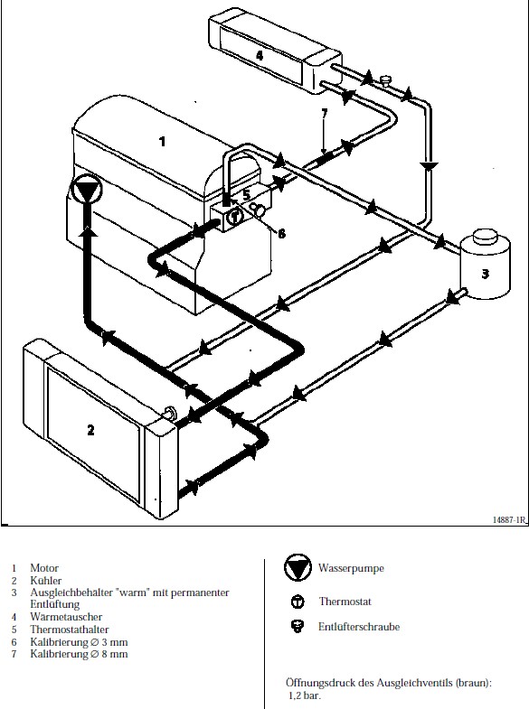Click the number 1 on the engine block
click(x=162, y=142)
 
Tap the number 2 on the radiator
click(x=91, y=430)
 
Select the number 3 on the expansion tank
click(x=485, y=274)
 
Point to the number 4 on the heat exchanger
click(x=260, y=55)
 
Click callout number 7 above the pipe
click(x=324, y=113)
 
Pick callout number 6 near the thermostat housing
click(x=281, y=233)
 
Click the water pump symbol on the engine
click(x=87, y=189)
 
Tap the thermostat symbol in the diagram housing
click(x=234, y=216)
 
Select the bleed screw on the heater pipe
click(x=385, y=80)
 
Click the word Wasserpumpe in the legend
click(x=351, y=568)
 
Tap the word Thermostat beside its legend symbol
click(x=345, y=602)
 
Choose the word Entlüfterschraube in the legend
click(x=359, y=627)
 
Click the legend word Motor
click(x=44, y=568)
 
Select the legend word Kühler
click(x=46, y=581)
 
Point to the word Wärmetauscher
click(x=66, y=617)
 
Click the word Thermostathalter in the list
click(x=70, y=630)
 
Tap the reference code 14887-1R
click(x=510, y=520)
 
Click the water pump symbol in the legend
click(x=298, y=567)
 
